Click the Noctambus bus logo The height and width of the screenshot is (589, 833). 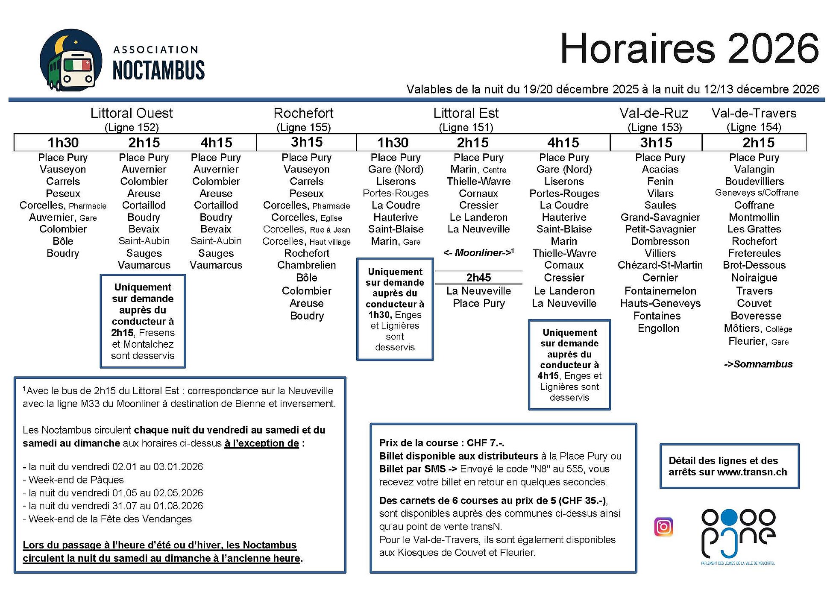coord(71,60)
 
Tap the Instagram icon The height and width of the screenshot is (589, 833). coord(663,527)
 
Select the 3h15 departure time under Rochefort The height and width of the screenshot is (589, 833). coord(306,142)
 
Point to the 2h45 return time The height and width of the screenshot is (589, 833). coord(478,278)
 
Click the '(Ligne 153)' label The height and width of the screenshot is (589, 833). coord(654,127)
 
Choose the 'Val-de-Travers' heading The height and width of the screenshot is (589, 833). coord(754,113)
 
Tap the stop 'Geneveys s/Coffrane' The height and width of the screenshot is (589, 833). coord(756,193)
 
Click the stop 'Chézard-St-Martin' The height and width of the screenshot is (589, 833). coord(660,265)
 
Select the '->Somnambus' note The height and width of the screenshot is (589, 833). coord(758,364)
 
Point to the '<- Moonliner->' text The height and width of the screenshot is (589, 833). coord(478,253)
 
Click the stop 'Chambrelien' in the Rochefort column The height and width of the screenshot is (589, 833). coord(306,265)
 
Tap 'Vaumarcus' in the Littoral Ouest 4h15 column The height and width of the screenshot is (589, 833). coord(216,265)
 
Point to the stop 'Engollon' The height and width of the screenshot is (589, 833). coord(658,328)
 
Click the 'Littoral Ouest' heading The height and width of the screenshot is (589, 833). coord(132,113)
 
